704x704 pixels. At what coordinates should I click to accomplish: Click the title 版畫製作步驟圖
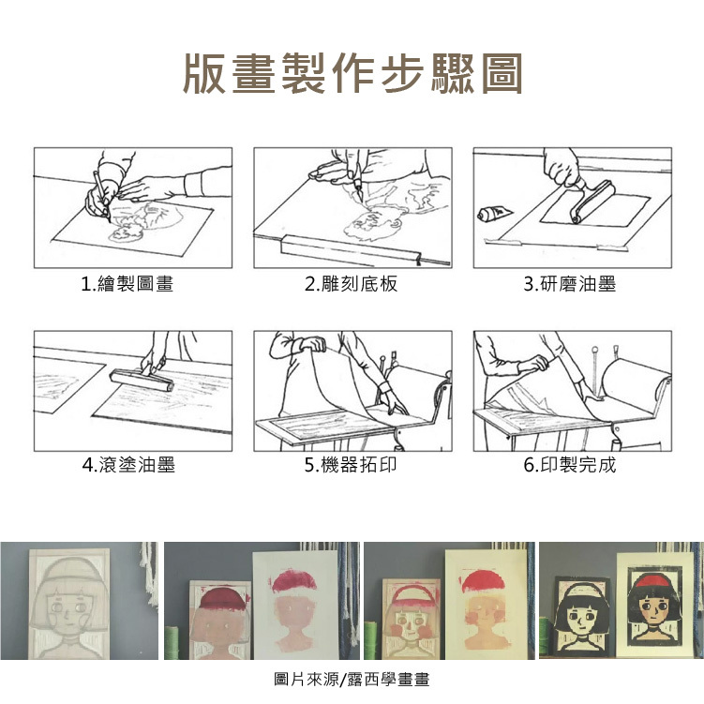point(352,74)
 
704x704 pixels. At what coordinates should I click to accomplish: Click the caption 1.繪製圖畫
point(127,284)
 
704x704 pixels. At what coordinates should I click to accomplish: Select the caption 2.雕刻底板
point(352,284)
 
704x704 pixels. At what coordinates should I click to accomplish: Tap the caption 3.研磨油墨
point(570,284)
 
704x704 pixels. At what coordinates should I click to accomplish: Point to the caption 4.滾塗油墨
point(128,465)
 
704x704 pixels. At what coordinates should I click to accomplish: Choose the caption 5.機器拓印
point(352,465)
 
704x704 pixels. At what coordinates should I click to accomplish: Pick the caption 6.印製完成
point(570,465)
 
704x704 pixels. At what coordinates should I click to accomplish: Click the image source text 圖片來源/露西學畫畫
point(352,680)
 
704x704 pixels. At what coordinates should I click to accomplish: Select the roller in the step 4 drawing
point(142,380)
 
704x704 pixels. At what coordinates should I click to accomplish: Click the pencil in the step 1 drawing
point(102,196)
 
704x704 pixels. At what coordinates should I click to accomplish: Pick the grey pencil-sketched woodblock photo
point(69,603)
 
